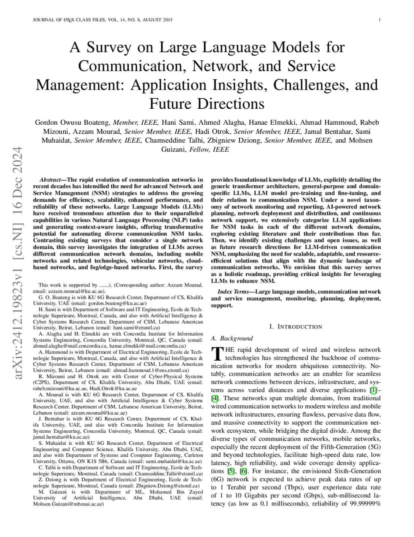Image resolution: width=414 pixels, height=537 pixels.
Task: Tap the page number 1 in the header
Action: click(x=380, y=20)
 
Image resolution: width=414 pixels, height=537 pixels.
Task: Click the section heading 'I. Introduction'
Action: click(x=295, y=327)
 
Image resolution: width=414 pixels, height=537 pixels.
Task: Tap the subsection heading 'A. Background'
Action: click(x=232, y=339)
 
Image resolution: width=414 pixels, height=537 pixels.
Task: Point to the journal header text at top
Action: click(x=102, y=20)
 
